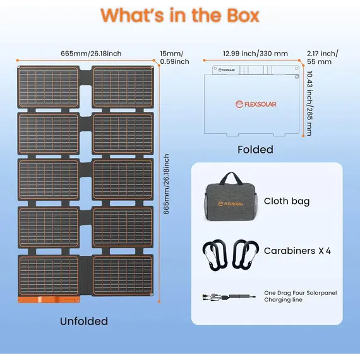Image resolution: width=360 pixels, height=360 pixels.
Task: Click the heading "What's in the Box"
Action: (180, 15)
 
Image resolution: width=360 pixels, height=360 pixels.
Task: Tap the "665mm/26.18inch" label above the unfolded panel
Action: (91, 54)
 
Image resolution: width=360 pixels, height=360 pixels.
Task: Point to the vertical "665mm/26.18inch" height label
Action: (166, 184)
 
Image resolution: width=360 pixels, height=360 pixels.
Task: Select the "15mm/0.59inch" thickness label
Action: (174, 57)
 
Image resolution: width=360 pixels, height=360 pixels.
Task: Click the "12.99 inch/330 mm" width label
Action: (255, 54)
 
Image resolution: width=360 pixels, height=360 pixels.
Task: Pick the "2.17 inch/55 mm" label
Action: (322, 57)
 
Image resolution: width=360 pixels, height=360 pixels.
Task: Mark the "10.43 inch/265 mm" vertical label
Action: (309, 104)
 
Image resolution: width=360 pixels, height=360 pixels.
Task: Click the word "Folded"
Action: (255, 150)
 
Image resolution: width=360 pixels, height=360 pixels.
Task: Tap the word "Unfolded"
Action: (84, 321)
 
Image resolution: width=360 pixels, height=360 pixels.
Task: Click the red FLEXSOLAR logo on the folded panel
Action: (256, 104)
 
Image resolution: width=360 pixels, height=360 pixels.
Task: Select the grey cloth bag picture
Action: (231, 196)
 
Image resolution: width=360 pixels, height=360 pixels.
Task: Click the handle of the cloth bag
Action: (231, 177)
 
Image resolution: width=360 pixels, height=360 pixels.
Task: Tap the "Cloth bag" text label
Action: (287, 201)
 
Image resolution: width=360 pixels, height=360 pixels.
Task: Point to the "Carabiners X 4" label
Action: (297, 251)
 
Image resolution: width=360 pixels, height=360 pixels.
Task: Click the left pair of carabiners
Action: (215, 255)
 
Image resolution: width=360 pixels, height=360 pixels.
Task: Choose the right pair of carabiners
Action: (246, 255)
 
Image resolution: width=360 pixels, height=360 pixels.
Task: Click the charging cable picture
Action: (229, 297)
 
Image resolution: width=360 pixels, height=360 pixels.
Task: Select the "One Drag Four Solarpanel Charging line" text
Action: (300, 296)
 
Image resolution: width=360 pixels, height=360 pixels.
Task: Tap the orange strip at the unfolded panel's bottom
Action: (49, 299)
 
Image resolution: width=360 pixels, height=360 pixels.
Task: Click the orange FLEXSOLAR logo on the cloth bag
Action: (230, 204)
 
